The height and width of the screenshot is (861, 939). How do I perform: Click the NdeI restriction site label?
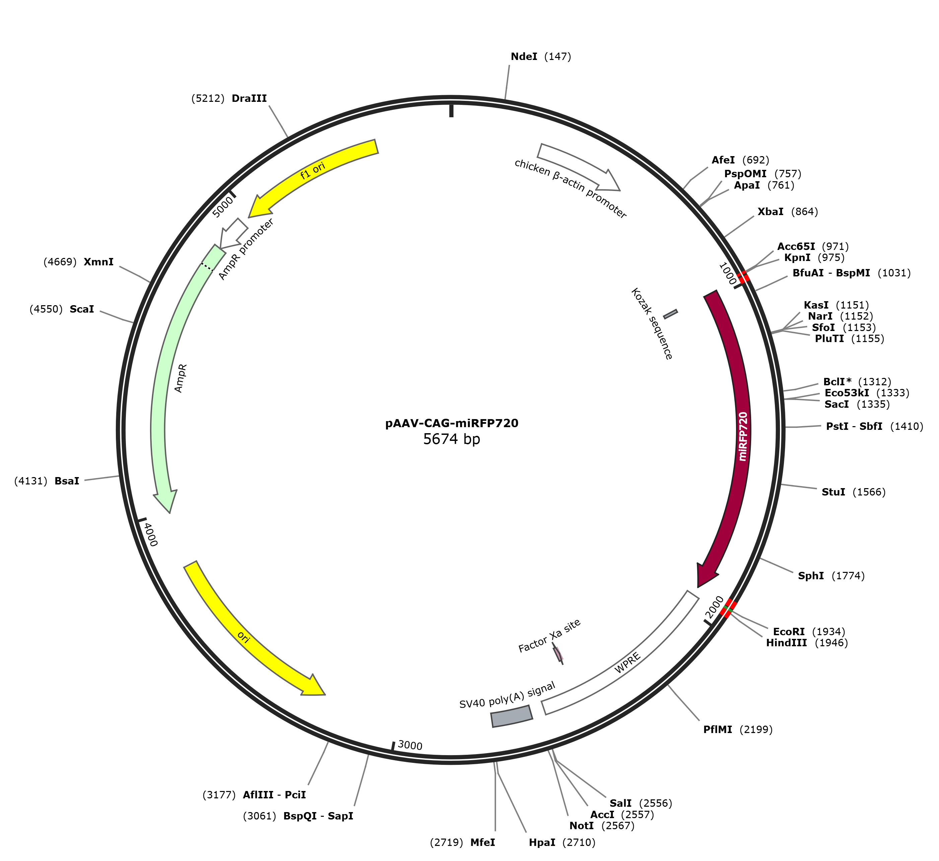click(x=540, y=57)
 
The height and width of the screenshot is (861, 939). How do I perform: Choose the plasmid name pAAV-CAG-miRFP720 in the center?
click(x=452, y=423)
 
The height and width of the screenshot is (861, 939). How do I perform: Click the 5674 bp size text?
click(x=451, y=439)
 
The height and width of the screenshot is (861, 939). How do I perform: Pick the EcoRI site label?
click(x=809, y=632)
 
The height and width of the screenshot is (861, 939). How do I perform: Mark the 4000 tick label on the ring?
click(x=151, y=534)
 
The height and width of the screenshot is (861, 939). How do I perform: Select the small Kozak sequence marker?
click(x=670, y=314)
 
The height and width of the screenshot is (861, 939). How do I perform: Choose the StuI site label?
click(x=853, y=492)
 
